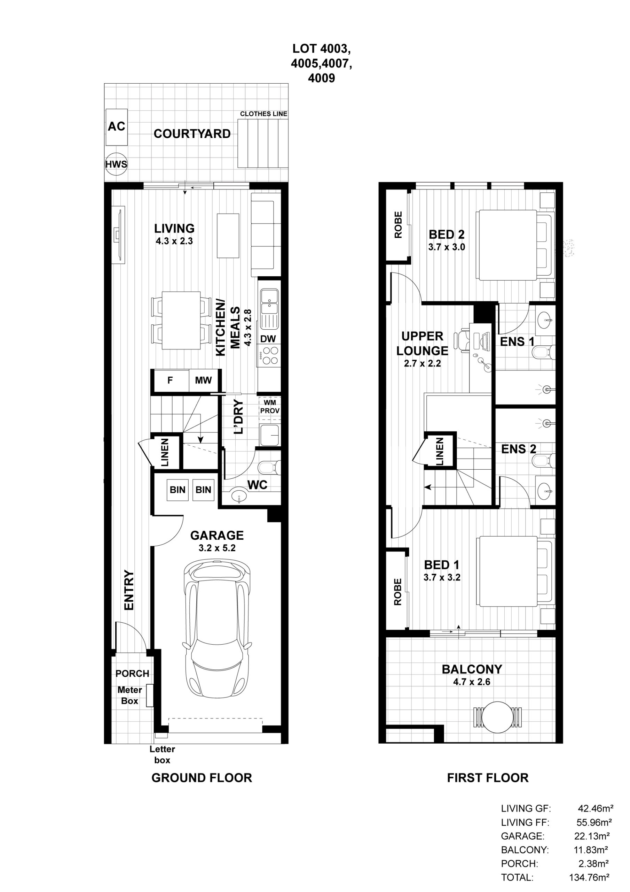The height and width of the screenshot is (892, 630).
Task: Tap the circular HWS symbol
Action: click(x=116, y=164)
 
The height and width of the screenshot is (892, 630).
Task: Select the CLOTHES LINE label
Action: click(x=263, y=114)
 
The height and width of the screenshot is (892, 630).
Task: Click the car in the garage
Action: click(x=216, y=630)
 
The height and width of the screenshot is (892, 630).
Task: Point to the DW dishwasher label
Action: click(x=268, y=339)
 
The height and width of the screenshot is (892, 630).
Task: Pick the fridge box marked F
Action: click(x=170, y=380)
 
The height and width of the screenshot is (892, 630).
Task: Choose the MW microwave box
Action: click(x=203, y=380)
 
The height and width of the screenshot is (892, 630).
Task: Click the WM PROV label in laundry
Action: click(x=269, y=407)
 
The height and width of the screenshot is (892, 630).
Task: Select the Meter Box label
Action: click(x=129, y=695)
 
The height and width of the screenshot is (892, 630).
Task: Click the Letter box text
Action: click(x=162, y=754)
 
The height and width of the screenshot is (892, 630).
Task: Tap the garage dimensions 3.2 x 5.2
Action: click(x=217, y=548)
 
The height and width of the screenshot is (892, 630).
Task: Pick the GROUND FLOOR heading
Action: click(x=202, y=778)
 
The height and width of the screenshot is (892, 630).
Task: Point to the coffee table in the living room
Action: click(x=228, y=236)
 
